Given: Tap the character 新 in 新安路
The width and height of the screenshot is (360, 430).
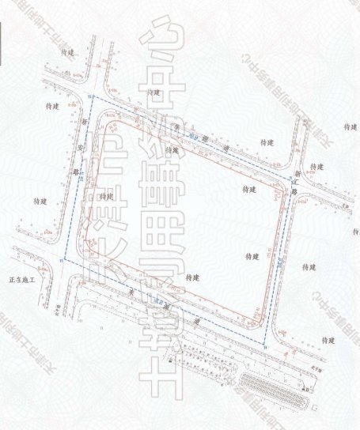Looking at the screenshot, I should click(x=85, y=123).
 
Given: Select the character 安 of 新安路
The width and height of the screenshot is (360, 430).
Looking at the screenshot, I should click(x=81, y=146).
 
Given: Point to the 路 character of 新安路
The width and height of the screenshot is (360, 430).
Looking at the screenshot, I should click(x=77, y=169).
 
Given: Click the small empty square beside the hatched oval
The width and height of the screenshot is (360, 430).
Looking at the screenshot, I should click(x=314, y=406).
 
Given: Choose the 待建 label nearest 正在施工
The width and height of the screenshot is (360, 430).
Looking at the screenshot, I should click(x=40, y=202).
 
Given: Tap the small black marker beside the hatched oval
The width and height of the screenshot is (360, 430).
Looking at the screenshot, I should click(x=302, y=390).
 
